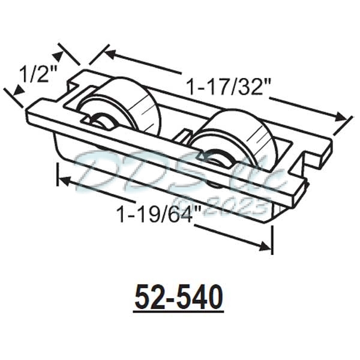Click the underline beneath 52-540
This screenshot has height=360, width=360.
coord(179,310)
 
